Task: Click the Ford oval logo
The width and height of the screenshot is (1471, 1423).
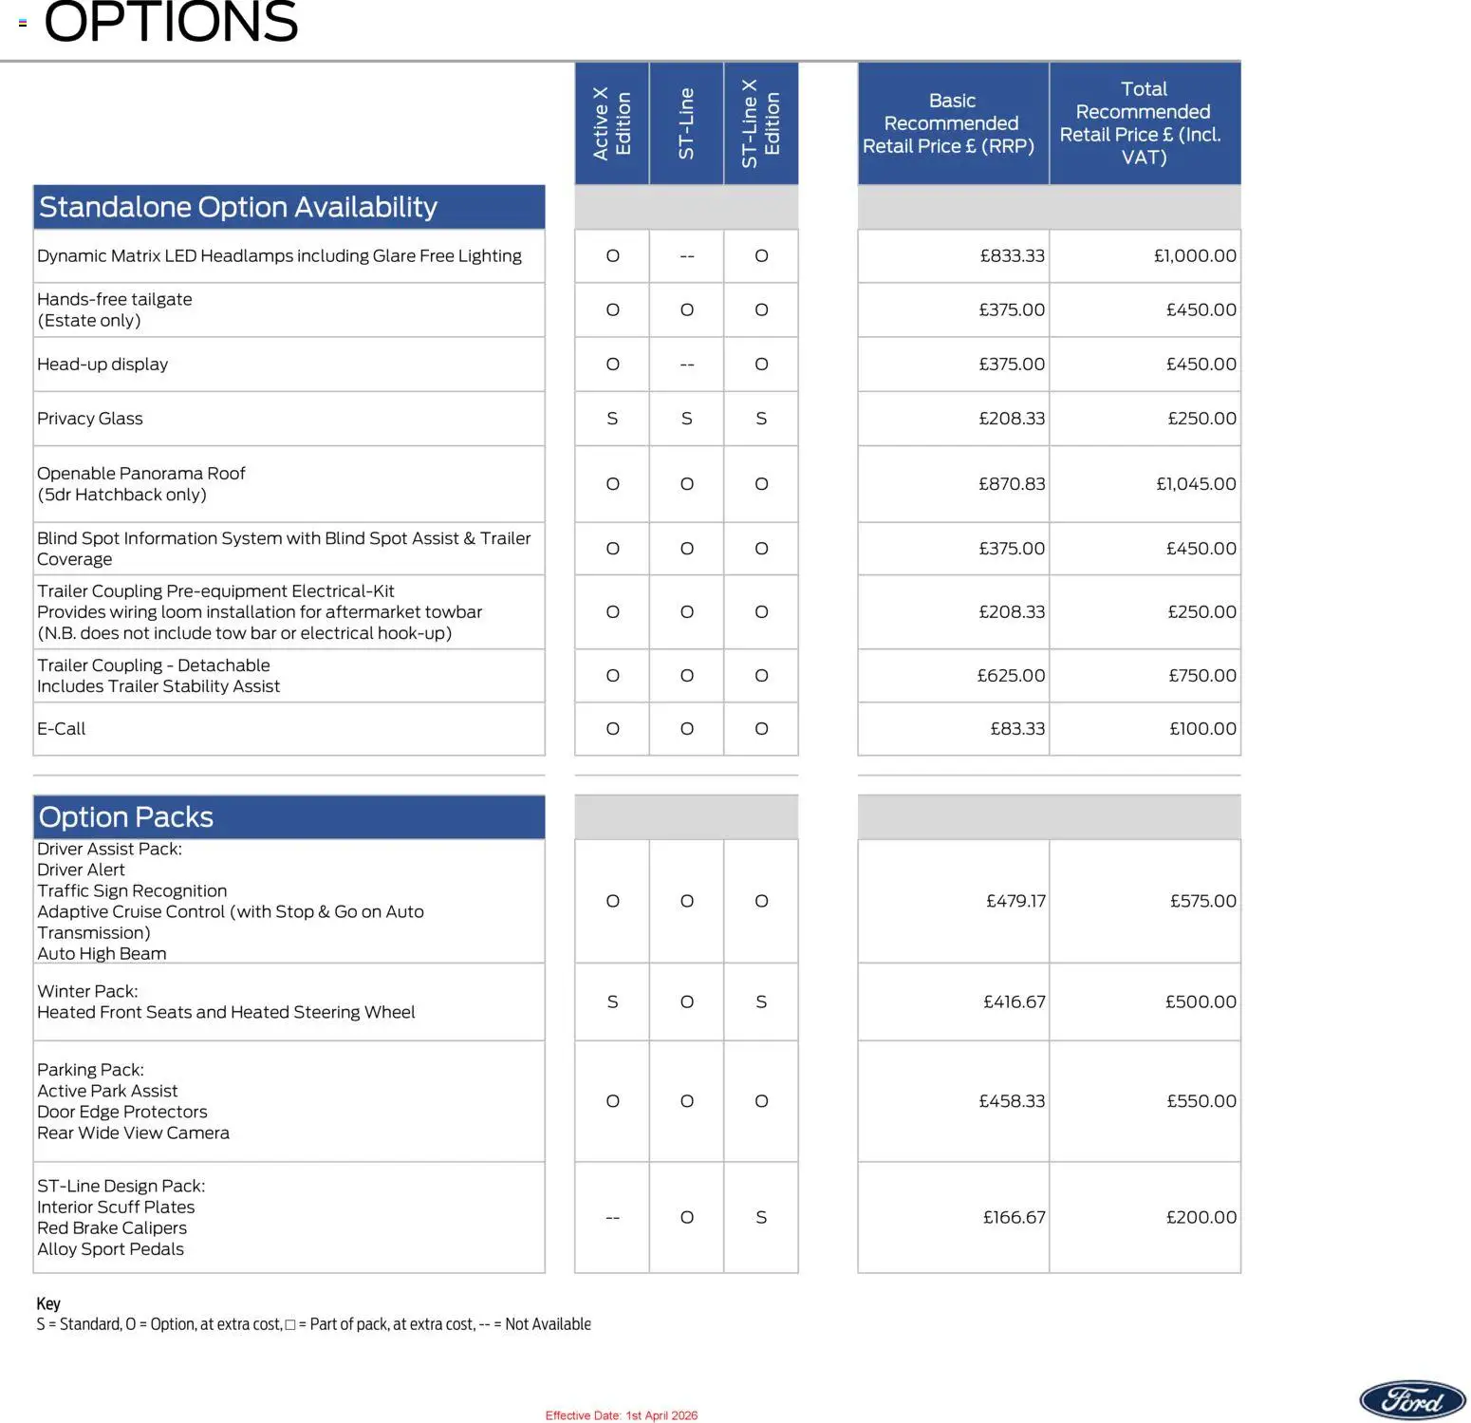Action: coord(1412,1399)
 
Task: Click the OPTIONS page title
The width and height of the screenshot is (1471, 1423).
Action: coord(171,23)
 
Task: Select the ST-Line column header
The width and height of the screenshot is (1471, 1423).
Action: coord(686,123)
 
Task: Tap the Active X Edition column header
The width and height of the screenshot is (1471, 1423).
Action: coord(612,123)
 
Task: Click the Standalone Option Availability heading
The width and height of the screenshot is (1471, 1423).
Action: coord(238,207)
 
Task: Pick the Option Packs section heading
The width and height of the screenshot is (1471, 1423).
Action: coord(126,817)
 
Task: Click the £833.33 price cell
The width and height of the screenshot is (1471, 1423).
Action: coord(1012,256)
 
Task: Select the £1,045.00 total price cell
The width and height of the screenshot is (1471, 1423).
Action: coord(1196,484)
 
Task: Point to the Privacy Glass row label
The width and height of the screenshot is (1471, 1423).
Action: coord(90,419)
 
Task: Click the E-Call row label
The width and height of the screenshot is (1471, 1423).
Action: coord(62,729)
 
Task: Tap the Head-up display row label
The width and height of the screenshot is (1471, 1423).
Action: coord(102,365)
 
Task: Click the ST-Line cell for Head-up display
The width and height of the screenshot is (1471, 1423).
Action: coord(687,365)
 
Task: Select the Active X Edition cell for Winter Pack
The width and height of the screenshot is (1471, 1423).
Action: coord(612,1002)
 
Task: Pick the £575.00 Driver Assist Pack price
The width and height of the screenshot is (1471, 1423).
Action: coord(1202,901)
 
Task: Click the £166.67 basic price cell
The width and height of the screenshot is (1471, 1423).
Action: coord(1014,1217)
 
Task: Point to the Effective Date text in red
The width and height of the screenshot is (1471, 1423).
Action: coord(621,1415)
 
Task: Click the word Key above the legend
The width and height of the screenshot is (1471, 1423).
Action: coord(48,1303)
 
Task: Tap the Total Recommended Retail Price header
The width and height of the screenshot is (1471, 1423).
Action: coord(1144,123)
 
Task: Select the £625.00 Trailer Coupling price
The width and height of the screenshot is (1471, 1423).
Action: coord(1011,676)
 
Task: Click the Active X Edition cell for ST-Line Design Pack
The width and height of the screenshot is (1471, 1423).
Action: coord(612,1218)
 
